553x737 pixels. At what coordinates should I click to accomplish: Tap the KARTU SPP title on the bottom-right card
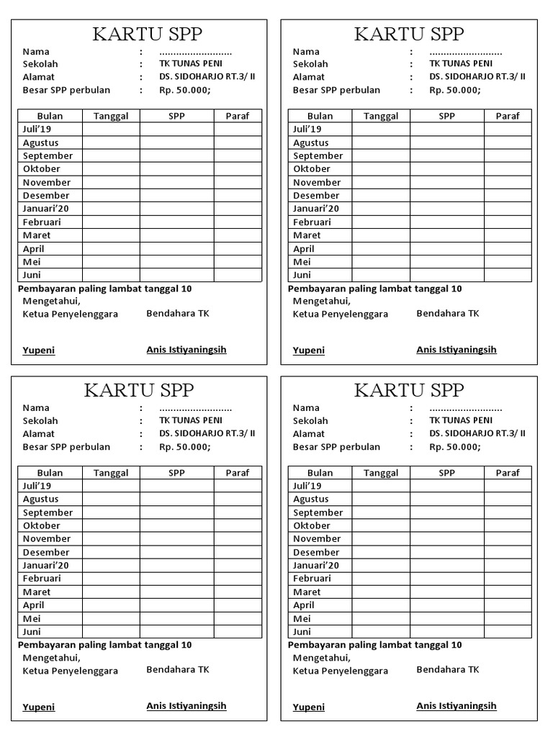pos(409,390)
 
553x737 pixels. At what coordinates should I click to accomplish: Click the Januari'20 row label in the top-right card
pos(317,209)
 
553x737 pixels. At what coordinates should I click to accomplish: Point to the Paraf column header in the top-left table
pos(238,116)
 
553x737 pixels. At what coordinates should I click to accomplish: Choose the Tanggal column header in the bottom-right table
pos(381,473)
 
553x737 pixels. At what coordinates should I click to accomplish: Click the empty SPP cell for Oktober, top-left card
pos(176,169)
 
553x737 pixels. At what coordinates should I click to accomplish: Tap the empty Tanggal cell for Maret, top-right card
pos(381,235)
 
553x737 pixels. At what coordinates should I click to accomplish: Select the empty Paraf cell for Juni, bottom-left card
pos(238,632)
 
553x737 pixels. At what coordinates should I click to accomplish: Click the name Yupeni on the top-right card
pos(309,351)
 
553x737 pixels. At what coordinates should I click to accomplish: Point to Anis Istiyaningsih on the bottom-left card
pos(186,706)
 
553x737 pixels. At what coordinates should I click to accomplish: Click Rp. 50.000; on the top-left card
pos(184,91)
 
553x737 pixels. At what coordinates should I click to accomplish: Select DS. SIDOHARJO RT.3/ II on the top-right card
pos(477,77)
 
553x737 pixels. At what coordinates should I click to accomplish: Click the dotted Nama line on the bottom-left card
pos(195,408)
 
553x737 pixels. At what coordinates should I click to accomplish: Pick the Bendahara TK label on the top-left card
pos(178,314)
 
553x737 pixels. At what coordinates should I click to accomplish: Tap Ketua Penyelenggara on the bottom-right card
pos(340,671)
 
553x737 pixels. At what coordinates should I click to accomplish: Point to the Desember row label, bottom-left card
pos(46,552)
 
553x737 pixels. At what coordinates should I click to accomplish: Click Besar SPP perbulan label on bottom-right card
pos(336,447)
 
